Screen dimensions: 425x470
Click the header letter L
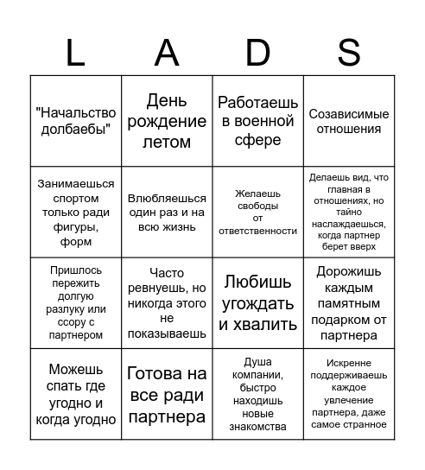[x=75, y=53]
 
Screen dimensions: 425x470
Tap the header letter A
[x=167, y=53]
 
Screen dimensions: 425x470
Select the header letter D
[x=257, y=53]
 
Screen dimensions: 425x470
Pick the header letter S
[x=349, y=53]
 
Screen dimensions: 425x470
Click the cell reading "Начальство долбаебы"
[x=76, y=121]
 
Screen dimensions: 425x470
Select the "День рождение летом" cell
[x=167, y=121]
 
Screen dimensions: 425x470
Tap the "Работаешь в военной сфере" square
[x=258, y=121]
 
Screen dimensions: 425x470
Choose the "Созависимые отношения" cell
[x=349, y=121]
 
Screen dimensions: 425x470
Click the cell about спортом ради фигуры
[x=76, y=213]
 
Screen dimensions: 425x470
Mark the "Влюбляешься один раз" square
[x=167, y=213]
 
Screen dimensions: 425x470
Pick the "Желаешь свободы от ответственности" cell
[x=258, y=213]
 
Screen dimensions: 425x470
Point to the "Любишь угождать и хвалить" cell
[x=258, y=303]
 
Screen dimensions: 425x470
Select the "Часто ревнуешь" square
[x=167, y=303]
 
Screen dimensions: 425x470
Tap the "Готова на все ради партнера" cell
[x=167, y=395]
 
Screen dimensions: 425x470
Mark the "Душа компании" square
[x=258, y=395]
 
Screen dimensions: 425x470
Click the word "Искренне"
[x=349, y=363]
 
